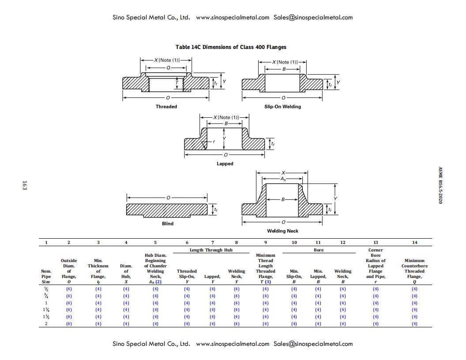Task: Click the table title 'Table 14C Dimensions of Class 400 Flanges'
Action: coord(231,47)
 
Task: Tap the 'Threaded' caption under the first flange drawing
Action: coord(166,107)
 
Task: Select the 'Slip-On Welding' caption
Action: coord(282,107)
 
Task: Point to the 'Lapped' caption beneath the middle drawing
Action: coord(225,164)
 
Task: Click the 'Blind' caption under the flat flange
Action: coord(168,224)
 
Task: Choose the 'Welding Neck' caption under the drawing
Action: coord(282,231)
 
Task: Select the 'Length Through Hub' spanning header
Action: coord(211,250)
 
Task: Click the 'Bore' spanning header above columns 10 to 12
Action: coord(318,250)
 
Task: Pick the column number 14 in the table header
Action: coord(414,243)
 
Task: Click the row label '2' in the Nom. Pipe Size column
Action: coord(46,324)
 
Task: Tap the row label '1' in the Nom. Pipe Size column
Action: coord(46,303)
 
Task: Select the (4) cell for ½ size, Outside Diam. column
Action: coord(69,289)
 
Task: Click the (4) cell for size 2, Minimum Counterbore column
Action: coord(414,324)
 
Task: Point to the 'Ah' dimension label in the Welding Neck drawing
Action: coord(283,179)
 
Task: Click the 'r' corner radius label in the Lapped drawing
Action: coord(214,142)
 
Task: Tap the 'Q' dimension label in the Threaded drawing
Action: coord(168,67)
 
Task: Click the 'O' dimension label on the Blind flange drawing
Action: coord(168,198)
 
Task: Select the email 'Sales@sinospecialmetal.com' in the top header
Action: coord(313,18)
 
